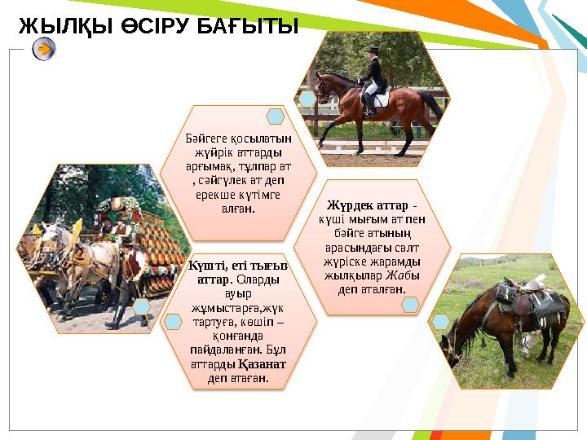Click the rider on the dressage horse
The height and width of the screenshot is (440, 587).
373,77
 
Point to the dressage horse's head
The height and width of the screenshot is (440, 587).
324,87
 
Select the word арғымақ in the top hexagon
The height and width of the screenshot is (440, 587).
205,166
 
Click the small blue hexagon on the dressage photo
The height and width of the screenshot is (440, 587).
307,99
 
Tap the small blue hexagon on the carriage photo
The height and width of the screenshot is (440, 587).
141,306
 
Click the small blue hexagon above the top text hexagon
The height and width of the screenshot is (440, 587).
276,117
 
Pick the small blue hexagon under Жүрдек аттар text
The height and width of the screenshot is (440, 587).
410,304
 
